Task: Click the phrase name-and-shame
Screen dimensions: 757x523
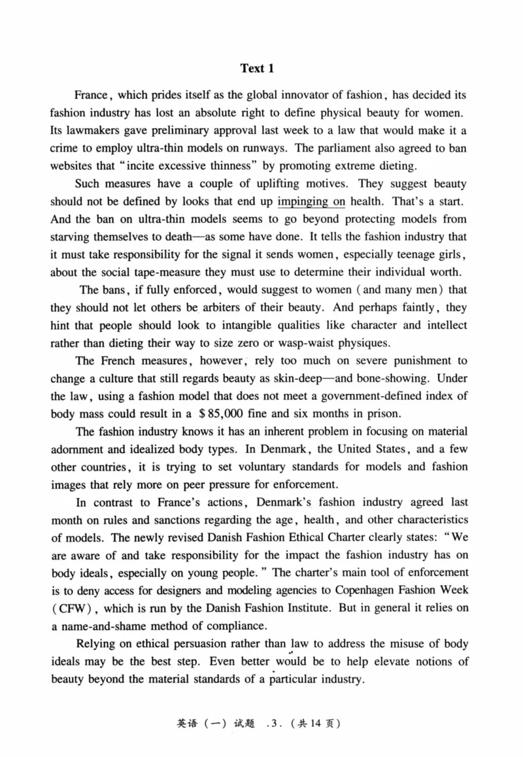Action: (114, 624)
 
